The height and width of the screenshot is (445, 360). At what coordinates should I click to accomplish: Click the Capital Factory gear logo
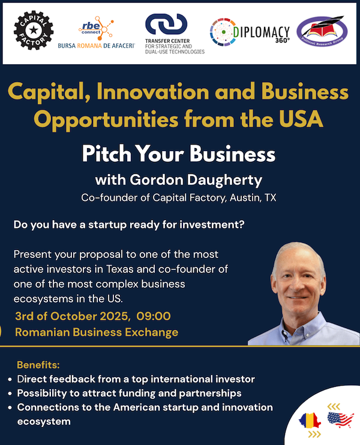click(x=34, y=31)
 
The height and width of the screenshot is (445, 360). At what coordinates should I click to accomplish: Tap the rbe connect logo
click(x=96, y=32)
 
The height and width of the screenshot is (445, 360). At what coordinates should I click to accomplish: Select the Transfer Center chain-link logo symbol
click(x=166, y=24)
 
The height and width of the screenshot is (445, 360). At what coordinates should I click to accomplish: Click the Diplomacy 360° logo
click(x=250, y=32)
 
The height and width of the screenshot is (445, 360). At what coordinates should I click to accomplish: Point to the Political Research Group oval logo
click(x=322, y=31)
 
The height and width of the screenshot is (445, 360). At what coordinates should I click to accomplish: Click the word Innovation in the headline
click(x=153, y=92)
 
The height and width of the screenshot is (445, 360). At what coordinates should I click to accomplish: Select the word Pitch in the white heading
click(x=106, y=154)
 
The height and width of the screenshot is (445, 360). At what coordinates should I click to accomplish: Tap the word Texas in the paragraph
click(x=120, y=269)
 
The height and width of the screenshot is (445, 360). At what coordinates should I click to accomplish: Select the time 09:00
click(x=154, y=316)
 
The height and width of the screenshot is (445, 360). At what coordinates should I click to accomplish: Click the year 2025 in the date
click(x=115, y=316)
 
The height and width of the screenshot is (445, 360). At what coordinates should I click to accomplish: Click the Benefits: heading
click(x=38, y=365)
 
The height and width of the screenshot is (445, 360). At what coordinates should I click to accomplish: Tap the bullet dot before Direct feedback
click(x=10, y=380)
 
